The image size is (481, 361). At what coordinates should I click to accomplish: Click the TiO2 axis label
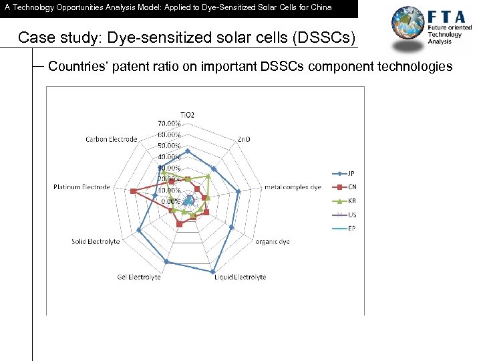187,115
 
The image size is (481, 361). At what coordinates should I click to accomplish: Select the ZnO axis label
244,140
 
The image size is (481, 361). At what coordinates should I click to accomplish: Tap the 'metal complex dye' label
293,187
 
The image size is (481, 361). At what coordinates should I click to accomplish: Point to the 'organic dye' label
272,242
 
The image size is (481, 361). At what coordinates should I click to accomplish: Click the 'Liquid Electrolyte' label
240,277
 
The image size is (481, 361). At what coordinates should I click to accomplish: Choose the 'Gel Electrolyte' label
139,277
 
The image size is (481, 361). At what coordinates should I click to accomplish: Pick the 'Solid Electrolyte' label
96,241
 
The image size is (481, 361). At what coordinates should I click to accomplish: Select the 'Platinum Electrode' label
82,187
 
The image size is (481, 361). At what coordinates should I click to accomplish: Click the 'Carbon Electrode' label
111,140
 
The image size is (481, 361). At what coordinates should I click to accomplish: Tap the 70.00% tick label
169,124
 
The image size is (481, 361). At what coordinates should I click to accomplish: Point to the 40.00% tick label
169,156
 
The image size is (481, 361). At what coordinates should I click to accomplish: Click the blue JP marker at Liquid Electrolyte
213,272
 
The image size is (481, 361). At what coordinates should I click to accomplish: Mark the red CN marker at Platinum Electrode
133,192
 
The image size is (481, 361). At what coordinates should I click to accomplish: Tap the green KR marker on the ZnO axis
208,176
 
